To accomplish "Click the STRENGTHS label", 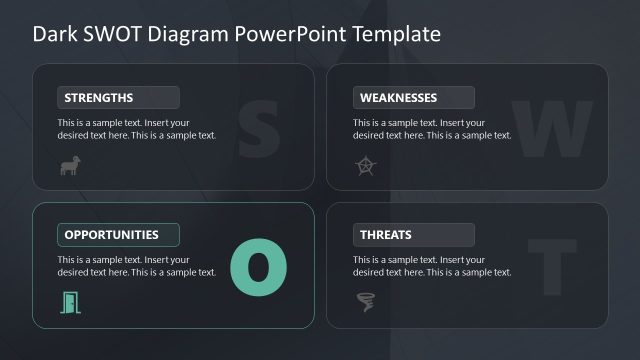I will coord(98,98).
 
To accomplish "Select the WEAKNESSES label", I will coord(398,98).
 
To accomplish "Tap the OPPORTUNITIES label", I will coord(111,235).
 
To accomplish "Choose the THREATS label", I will coord(385,235).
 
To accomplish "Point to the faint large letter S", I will coord(258,127).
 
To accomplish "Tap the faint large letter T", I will coord(552,265).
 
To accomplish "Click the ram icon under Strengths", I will coord(70,166).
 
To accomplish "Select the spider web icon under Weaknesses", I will coord(365,166).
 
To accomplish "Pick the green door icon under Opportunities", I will coord(70,301).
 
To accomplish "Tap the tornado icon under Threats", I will coord(365,301).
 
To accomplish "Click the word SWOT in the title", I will coord(108,34).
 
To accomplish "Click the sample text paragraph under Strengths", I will coord(136,129).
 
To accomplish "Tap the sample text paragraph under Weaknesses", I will coord(432,129).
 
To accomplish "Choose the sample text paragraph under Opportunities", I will coord(136,266).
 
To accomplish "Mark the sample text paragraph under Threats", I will coord(432,266).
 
